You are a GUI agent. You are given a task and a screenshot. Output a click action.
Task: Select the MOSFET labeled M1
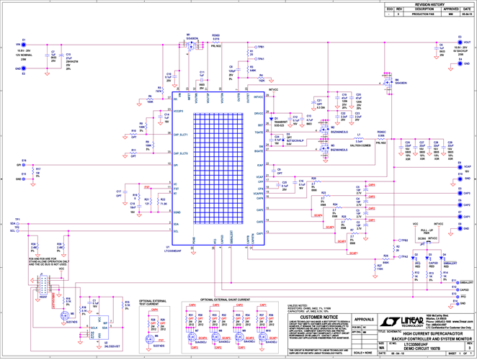190,45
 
